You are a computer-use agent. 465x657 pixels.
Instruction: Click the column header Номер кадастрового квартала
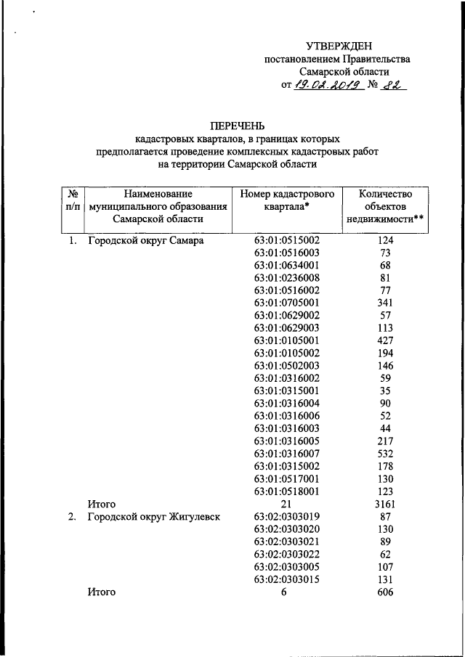click(x=286, y=200)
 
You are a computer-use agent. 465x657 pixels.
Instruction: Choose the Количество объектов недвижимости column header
click(x=386, y=206)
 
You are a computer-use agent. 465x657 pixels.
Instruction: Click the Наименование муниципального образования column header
click(x=158, y=206)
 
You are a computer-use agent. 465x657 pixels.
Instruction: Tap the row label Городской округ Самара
click(x=145, y=240)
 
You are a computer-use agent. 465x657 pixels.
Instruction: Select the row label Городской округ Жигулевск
click(x=154, y=517)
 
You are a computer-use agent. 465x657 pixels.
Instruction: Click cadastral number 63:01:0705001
click(x=287, y=302)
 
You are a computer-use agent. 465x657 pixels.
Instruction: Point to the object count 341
click(x=386, y=302)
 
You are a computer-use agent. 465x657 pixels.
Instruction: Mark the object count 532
click(x=386, y=453)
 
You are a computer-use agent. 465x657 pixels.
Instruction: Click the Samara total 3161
click(x=386, y=503)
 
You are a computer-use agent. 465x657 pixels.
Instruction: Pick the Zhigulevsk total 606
click(x=386, y=592)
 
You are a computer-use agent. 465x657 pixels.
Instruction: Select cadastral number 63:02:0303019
click(x=287, y=517)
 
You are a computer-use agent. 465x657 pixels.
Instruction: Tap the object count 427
click(x=386, y=340)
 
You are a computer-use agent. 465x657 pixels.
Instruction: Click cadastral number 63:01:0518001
click(x=287, y=491)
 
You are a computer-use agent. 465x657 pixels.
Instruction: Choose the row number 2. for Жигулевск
click(x=73, y=517)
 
